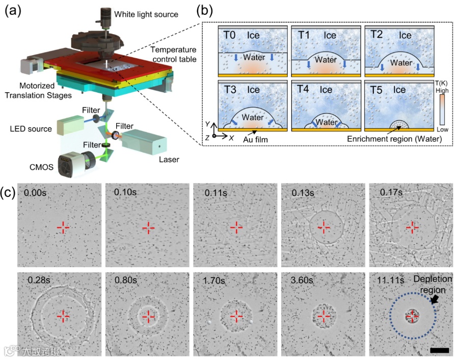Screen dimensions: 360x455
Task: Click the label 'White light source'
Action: tap(147, 14)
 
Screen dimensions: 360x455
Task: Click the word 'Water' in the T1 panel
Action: tap(325, 60)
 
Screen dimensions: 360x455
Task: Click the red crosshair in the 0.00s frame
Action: tap(62, 227)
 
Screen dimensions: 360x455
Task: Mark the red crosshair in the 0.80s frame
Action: tap(148, 316)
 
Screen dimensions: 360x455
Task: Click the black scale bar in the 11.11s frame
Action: tap(439, 350)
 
